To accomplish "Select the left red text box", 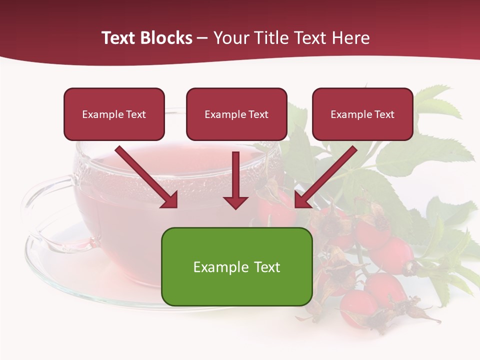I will tap(114, 114).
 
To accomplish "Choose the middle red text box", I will tap(236, 114).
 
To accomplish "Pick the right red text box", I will tap(362, 114).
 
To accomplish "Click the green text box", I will tap(236, 266).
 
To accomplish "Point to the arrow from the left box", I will tap(145, 175).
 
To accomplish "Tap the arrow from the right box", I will tap(327, 175).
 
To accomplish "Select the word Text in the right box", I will tap(384, 114).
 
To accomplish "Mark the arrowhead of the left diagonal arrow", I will tap(170, 200).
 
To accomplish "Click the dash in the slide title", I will tap(202, 38).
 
